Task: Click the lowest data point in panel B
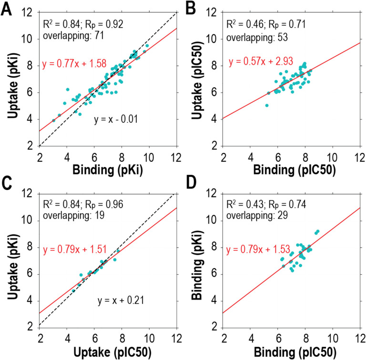click(267, 105)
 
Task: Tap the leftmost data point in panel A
click(53, 120)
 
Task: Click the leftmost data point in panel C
click(73, 290)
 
